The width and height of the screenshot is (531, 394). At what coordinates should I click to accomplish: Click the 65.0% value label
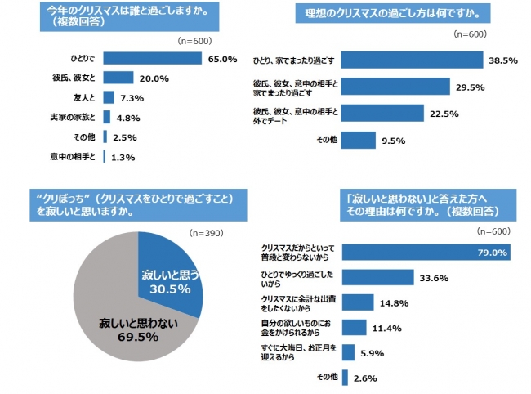222,59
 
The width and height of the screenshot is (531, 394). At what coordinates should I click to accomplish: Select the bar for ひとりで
152,59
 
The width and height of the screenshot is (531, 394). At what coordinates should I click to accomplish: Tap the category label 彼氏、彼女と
74,78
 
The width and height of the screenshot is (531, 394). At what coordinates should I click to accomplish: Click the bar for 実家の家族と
107,117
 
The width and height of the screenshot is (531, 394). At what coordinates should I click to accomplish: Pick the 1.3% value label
123,156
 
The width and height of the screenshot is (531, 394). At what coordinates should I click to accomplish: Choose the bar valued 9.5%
357,140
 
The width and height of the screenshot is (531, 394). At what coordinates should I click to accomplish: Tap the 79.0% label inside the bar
492,252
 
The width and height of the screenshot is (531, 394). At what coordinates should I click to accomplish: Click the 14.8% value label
393,302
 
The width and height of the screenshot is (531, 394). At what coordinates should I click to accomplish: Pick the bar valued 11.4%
354,328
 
